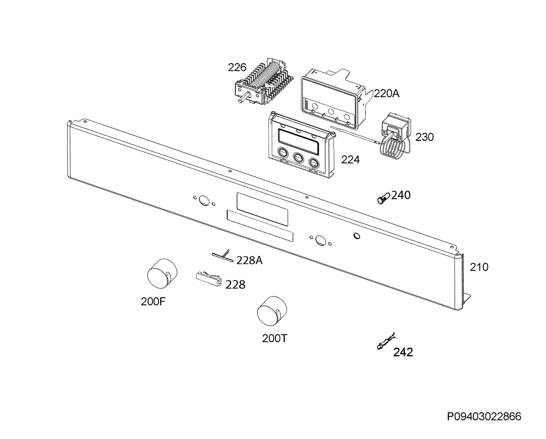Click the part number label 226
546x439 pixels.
237,67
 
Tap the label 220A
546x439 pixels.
387,94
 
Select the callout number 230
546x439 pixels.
425,137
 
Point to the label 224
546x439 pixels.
350,160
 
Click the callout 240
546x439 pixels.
401,195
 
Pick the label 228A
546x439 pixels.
249,260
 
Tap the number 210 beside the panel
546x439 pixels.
479,267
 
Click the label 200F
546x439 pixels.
153,302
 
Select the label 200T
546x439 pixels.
275,339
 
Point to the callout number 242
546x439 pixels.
403,352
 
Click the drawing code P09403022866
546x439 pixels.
484,417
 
